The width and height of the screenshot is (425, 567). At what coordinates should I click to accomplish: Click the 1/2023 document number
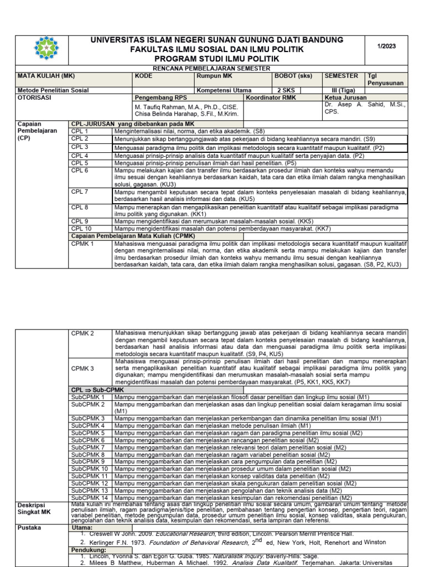387,46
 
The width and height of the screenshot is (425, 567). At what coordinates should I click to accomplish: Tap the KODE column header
143,75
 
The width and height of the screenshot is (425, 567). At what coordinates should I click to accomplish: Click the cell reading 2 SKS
286,90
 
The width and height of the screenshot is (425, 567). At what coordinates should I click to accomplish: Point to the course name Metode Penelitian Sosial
53,90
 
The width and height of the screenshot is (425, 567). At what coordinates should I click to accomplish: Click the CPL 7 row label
80,191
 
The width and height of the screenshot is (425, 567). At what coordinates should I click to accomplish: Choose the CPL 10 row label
81,228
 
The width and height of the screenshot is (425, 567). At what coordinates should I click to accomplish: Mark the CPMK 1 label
83,243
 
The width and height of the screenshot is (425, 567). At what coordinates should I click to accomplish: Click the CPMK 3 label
83,368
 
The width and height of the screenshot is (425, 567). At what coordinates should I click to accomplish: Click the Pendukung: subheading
88,549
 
